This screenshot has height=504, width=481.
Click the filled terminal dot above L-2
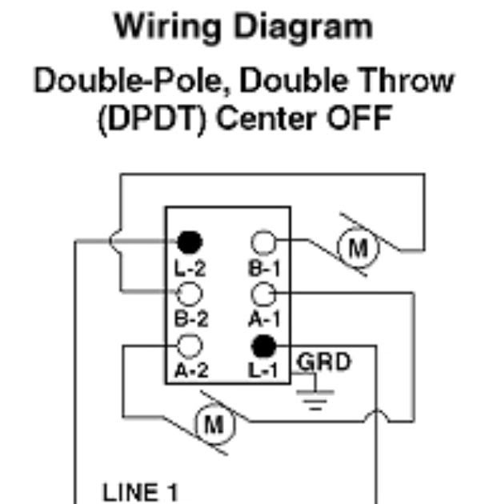[x=190, y=241]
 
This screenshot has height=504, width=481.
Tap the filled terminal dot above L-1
[x=264, y=346]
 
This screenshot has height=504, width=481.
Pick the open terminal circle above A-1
[x=264, y=294]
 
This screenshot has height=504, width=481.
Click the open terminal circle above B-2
[x=190, y=294]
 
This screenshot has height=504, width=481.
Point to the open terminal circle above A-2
[x=190, y=346]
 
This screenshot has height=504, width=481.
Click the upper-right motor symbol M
[x=357, y=250]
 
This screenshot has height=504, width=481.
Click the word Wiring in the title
[x=166, y=28]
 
